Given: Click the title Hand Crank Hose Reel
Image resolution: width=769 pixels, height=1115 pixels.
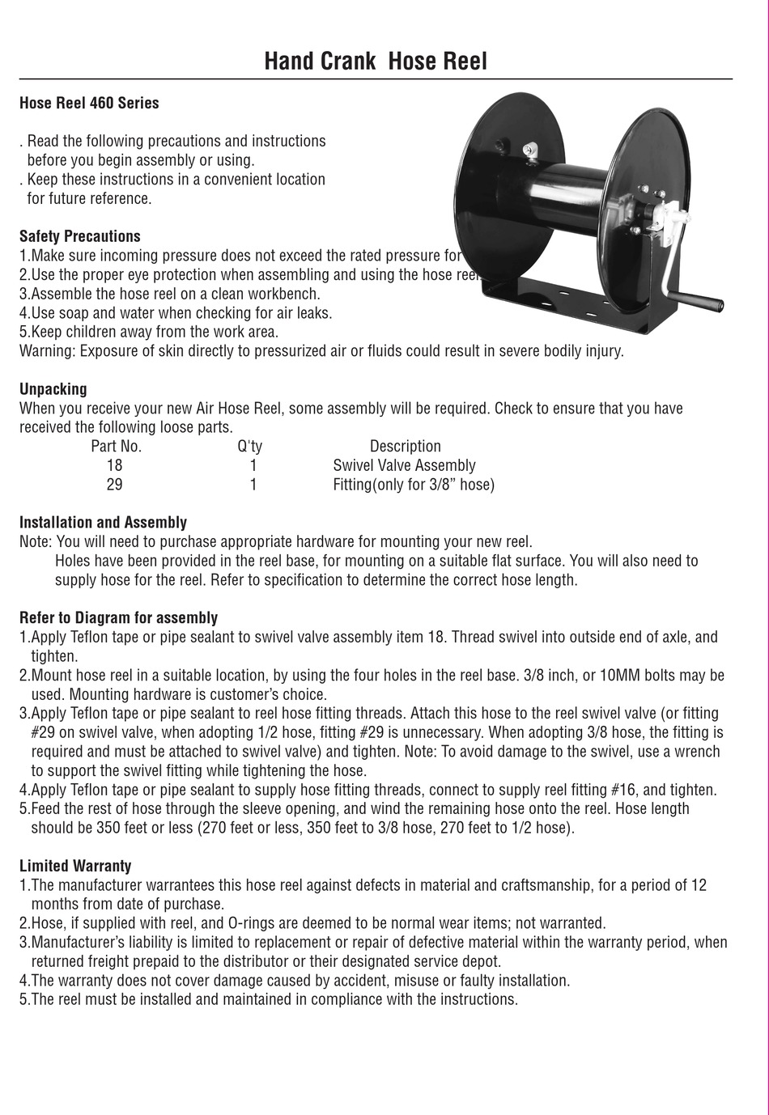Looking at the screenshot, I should click(x=376, y=61).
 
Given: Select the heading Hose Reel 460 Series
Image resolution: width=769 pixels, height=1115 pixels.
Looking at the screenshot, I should click(x=89, y=103).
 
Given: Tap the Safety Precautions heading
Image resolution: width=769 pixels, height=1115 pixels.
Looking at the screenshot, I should click(x=79, y=236).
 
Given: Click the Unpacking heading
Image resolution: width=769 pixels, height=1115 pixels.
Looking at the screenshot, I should click(x=53, y=388).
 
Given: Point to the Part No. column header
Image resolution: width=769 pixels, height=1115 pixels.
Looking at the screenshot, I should click(x=116, y=446).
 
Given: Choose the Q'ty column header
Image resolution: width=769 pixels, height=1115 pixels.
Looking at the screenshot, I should click(x=249, y=446).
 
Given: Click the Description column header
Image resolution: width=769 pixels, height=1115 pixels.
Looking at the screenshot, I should click(x=405, y=446).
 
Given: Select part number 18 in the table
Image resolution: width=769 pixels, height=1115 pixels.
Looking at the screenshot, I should click(x=114, y=465).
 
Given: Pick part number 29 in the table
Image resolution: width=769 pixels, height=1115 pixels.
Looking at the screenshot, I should click(x=114, y=485).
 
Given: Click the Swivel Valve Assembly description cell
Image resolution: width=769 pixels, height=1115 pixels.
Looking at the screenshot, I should click(x=404, y=465).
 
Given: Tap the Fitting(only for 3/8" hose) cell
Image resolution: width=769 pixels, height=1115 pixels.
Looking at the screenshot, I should click(x=413, y=485).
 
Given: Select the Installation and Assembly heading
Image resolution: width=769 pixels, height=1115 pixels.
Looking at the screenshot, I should click(x=103, y=522).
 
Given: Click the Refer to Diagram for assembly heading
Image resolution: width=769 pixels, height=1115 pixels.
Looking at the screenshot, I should click(x=118, y=617).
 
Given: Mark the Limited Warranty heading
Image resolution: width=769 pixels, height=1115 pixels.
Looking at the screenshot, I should click(x=75, y=866).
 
